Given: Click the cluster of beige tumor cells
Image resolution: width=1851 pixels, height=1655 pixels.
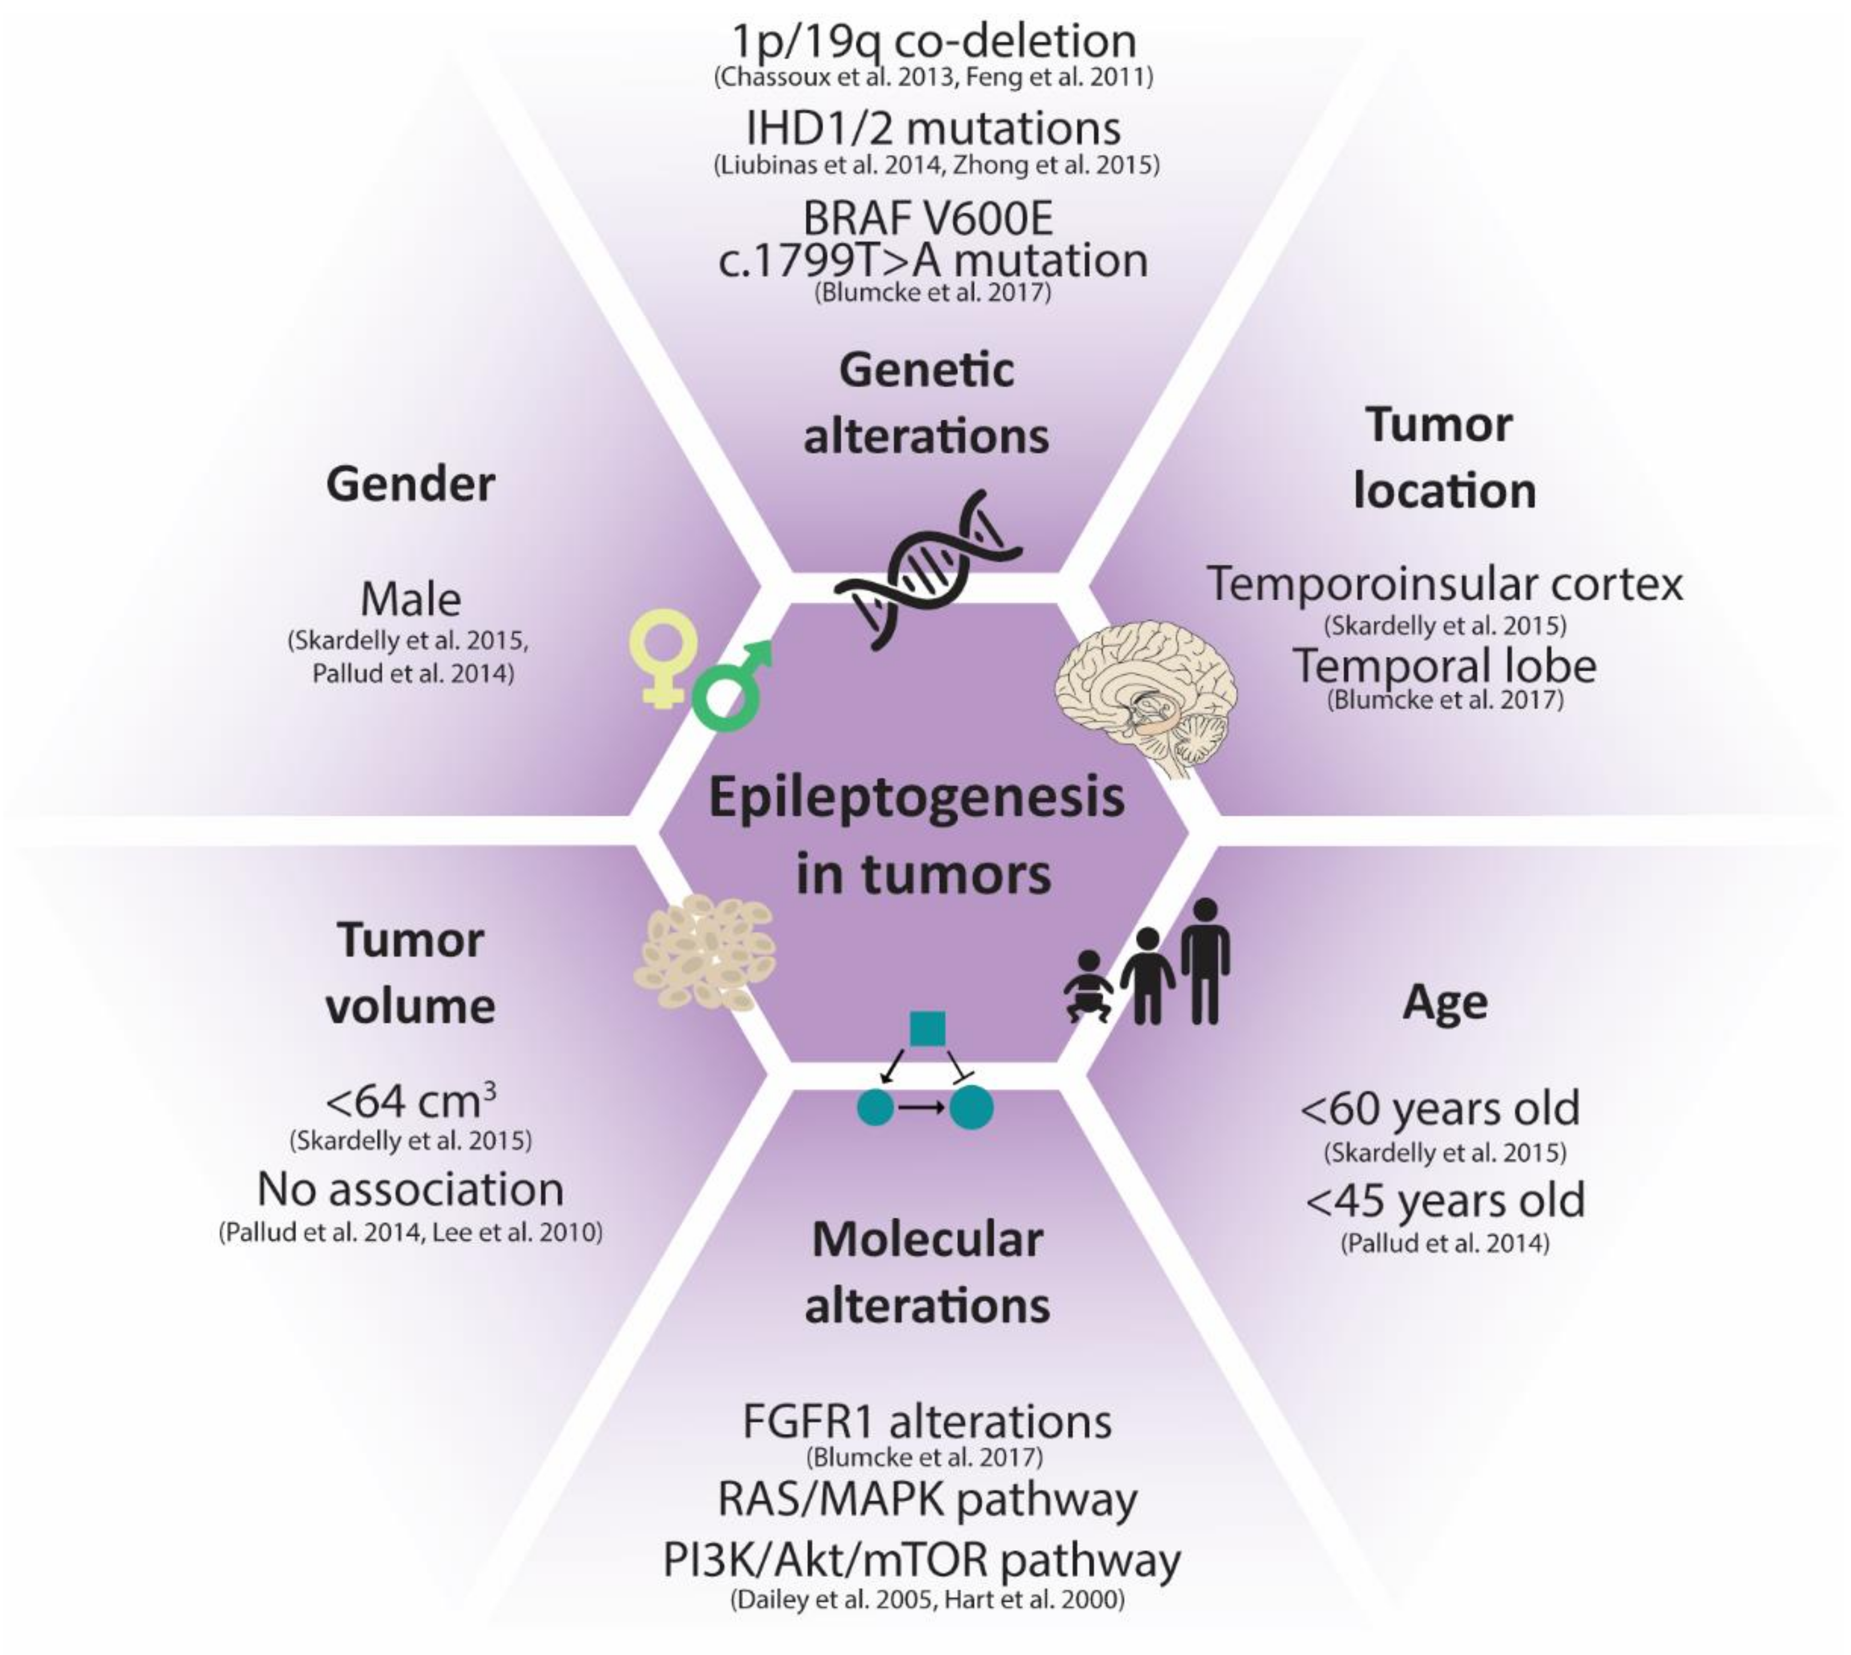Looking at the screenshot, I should coord(705,953).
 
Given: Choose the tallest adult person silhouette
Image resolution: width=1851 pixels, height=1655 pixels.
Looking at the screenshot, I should coord(1205,960).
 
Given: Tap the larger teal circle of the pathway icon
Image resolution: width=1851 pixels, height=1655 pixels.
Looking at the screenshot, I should coord(972,1108).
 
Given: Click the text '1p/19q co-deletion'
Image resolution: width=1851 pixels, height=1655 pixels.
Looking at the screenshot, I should coord(934,41).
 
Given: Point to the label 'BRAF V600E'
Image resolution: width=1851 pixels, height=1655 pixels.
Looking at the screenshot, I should coord(928,218).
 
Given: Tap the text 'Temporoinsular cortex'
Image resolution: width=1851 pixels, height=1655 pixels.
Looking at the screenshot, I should coord(1444,584).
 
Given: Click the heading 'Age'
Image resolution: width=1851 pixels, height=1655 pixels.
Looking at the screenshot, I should coord(1444,1003).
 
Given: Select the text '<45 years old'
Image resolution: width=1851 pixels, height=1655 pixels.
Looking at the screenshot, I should coord(1444,1200).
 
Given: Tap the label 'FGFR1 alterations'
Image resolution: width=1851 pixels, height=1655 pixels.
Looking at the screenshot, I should coord(927,1422).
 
